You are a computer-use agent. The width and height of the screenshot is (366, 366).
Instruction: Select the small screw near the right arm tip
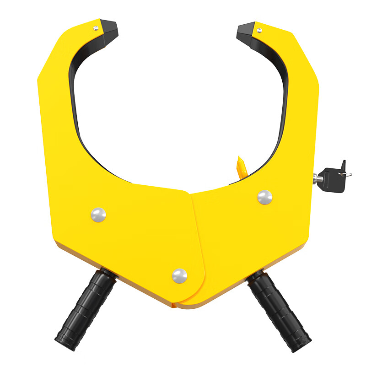point(259,31)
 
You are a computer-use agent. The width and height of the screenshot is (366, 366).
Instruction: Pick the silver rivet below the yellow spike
point(264,197)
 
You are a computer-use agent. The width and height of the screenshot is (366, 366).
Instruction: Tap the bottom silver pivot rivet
point(179,276)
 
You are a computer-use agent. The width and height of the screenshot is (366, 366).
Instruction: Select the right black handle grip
point(280,311)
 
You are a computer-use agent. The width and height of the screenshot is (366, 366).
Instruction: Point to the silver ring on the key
point(348,174)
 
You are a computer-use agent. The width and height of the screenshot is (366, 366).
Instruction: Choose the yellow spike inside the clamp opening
point(241,167)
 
